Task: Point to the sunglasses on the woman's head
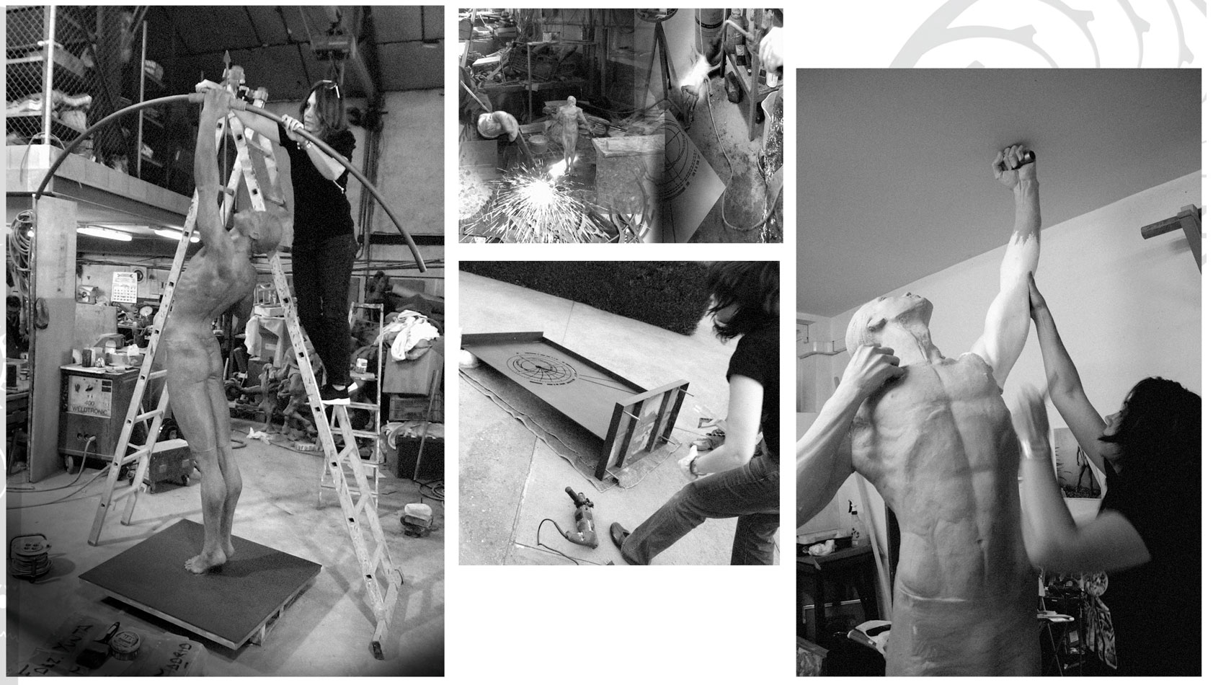point(322,89)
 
